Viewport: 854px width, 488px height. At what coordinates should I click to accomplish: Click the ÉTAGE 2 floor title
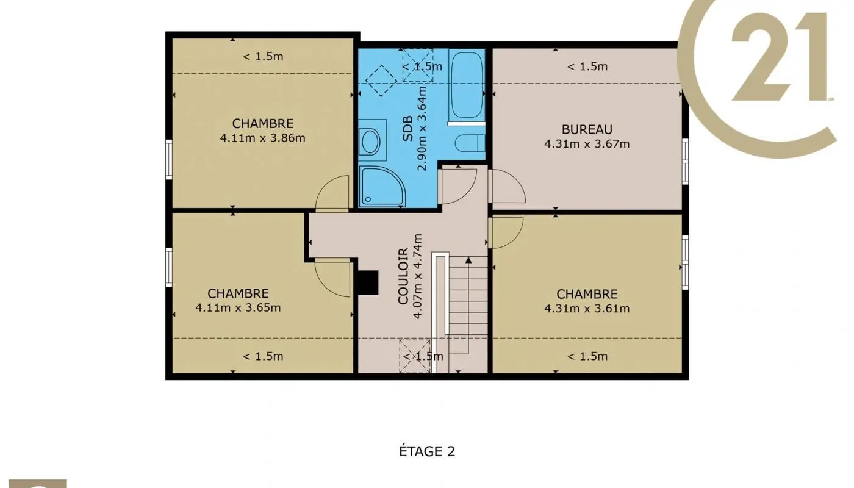[x=427, y=452]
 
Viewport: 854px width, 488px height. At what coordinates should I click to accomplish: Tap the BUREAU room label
[x=586, y=129]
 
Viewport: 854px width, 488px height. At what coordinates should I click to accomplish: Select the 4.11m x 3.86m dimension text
[x=262, y=138]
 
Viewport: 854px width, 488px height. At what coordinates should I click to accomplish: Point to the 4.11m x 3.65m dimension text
[x=238, y=307]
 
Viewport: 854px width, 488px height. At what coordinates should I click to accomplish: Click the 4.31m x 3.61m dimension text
[x=586, y=309]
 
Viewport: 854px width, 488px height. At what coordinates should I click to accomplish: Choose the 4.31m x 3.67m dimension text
[x=586, y=144]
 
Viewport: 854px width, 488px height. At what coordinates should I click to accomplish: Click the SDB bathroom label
[x=408, y=129]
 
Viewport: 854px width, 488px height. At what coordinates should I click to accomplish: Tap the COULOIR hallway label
[x=403, y=276]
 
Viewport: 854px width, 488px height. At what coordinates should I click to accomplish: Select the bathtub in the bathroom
[x=467, y=85]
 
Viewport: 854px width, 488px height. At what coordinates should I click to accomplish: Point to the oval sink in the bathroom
[x=370, y=142]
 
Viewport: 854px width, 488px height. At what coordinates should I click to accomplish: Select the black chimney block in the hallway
[x=367, y=282]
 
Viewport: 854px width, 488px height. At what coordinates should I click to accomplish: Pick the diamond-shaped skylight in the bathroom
[x=381, y=80]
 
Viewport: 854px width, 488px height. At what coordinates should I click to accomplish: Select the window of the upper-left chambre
[x=168, y=159]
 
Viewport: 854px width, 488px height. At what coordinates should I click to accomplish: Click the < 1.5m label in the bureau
[x=587, y=66]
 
